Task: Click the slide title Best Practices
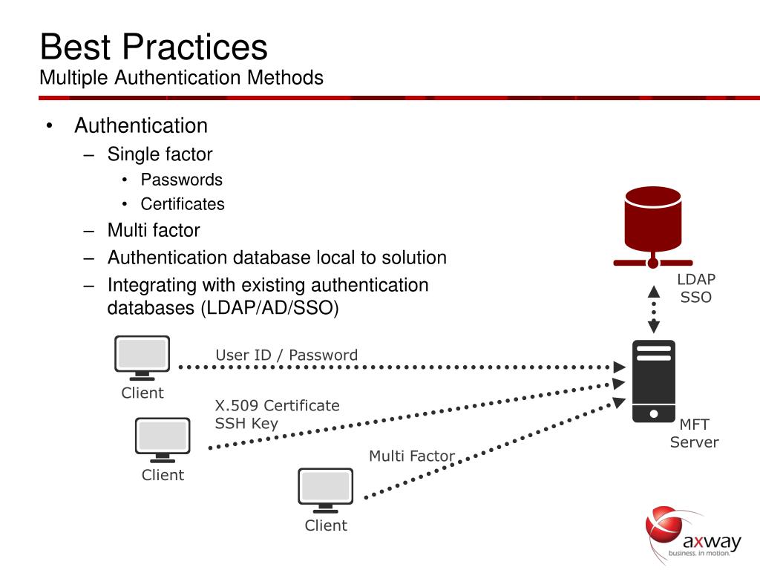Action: [x=154, y=47]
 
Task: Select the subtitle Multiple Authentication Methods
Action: [x=181, y=77]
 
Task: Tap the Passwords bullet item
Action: [x=182, y=180]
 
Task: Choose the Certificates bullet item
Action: [x=183, y=204]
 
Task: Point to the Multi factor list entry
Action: [x=154, y=230]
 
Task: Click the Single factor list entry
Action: [x=160, y=154]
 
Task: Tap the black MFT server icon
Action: [x=654, y=381]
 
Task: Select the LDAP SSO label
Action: [x=696, y=288]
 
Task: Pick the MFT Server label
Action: [x=695, y=433]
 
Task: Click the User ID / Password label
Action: [x=286, y=355]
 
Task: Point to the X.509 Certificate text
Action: [x=278, y=405]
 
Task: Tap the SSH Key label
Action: [x=246, y=424]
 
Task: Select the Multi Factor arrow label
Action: [x=412, y=456]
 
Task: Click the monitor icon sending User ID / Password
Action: [x=142, y=358]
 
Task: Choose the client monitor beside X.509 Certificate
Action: [x=163, y=440]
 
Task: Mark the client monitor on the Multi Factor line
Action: [x=326, y=491]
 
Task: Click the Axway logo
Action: [x=693, y=534]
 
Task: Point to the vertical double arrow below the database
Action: [x=654, y=309]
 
